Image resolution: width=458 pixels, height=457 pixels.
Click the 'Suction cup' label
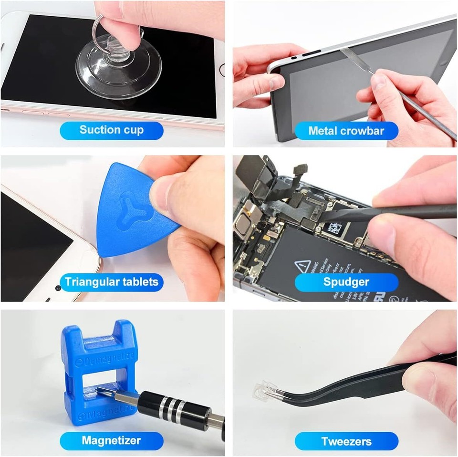point(111,130)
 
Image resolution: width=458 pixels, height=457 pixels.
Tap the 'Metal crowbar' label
point(346,131)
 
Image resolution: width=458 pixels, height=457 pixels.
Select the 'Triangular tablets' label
point(111,281)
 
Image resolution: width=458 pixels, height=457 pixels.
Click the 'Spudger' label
point(346,281)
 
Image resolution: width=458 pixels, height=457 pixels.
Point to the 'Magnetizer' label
point(111,440)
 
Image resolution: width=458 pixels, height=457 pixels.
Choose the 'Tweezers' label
point(346,441)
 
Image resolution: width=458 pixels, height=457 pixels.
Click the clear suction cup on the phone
point(119,67)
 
